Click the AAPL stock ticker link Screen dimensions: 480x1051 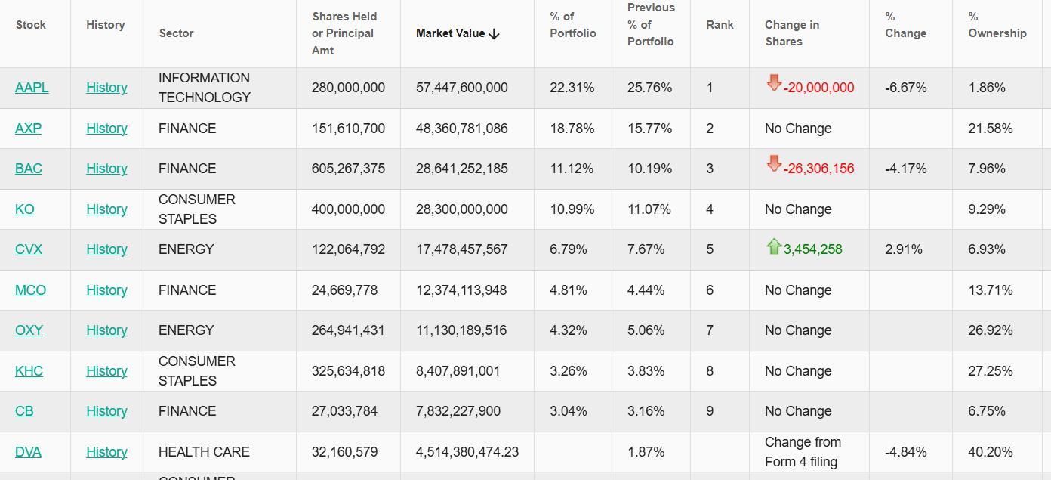32,88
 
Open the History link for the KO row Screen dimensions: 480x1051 106,209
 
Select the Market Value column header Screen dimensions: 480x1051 450,33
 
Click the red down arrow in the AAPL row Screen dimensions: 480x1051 774,83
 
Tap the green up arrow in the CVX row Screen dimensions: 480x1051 774,246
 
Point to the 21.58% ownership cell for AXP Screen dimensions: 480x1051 990,129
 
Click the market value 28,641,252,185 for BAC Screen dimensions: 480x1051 461,169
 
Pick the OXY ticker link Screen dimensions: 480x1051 29,330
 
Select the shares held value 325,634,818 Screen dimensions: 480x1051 348,371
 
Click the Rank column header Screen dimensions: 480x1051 720,25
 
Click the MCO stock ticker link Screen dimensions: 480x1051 30,290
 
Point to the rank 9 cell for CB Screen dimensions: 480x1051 710,411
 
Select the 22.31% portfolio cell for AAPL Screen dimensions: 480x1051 572,88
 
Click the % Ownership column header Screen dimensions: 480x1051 997,25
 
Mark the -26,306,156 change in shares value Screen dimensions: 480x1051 818,169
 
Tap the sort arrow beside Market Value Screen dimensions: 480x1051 495,34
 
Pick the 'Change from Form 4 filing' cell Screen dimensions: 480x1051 802,452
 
